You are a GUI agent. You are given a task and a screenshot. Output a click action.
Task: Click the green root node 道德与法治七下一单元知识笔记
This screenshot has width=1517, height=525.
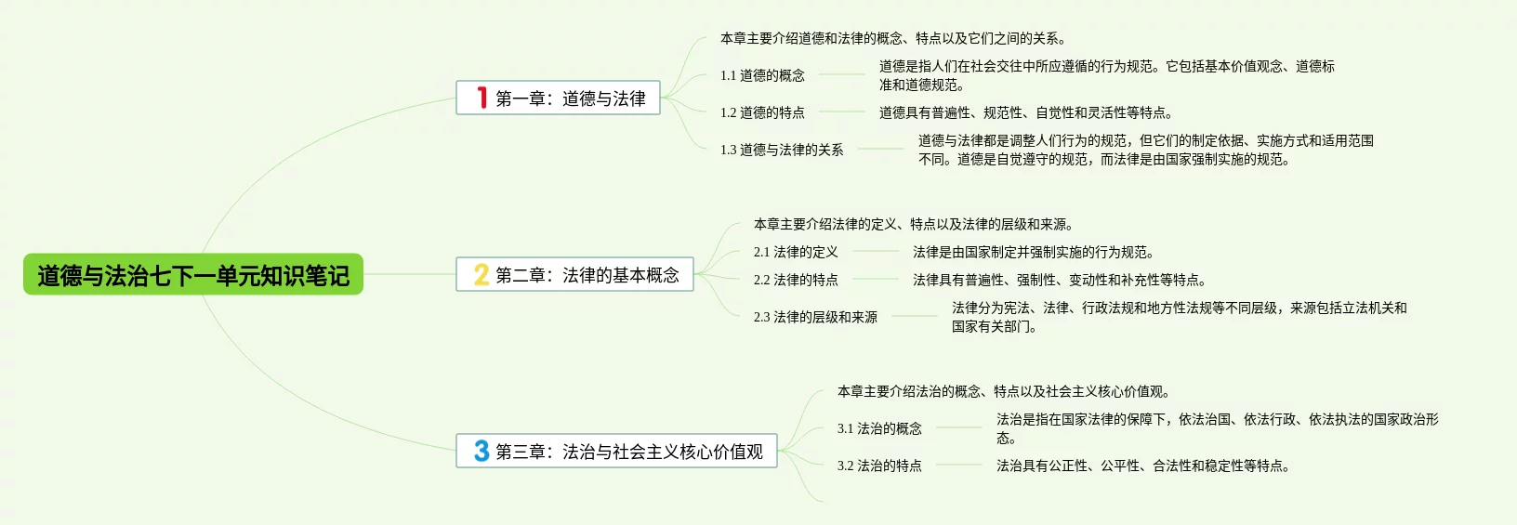point(192,275)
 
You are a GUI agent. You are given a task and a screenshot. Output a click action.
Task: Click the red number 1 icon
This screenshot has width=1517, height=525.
point(481,98)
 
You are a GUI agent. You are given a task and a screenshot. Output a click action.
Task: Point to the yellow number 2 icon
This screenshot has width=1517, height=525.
point(481,274)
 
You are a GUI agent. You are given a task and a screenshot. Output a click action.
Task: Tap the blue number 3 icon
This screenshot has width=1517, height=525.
point(481,451)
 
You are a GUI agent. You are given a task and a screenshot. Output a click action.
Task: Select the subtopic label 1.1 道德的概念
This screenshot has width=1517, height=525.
point(762,75)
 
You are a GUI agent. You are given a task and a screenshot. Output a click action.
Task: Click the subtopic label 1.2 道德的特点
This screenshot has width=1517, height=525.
point(762,112)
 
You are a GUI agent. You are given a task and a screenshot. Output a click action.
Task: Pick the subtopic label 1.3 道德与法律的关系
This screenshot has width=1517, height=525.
point(782,150)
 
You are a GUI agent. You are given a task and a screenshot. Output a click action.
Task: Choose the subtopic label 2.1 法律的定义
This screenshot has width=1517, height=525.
point(796,252)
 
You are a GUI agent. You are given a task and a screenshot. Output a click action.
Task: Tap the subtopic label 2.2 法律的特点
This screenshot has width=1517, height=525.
point(796,280)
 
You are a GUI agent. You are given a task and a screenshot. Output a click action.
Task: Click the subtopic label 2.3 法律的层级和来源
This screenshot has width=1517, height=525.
point(815,317)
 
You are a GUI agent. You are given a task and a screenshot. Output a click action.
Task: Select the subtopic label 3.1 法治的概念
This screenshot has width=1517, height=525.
point(879,428)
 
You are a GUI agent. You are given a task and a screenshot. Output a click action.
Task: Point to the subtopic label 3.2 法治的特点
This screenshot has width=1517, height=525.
point(879,466)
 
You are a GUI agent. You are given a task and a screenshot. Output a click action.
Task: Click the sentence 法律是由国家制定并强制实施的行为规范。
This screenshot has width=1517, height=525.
point(1034,252)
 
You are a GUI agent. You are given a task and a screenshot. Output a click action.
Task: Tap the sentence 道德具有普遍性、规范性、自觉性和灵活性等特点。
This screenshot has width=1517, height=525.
point(1026,112)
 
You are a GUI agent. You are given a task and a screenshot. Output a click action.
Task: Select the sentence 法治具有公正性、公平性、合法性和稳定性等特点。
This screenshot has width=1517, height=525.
point(1143,466)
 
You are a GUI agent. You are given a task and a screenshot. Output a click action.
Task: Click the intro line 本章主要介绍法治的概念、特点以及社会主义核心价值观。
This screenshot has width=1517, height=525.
point(1004,391)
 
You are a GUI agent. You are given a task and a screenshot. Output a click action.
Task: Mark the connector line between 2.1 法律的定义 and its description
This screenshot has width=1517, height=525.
point(876,252)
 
